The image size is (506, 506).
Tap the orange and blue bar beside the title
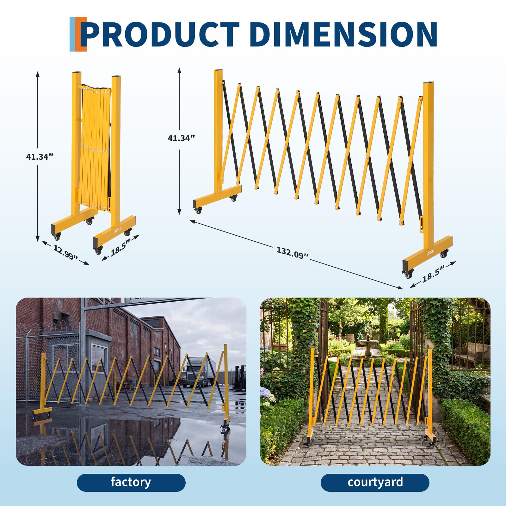tap(78, 34)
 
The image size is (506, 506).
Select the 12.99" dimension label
tap(65, 252)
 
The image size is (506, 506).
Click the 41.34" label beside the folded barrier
tap(39, 157)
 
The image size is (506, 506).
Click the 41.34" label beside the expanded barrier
tap(181, 138)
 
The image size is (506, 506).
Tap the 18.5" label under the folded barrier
tap(120, 247)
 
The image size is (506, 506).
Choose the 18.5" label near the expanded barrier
tap(433, 273)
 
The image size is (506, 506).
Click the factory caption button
tap(131, 483)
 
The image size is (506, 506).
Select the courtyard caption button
tap(375, 483)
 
